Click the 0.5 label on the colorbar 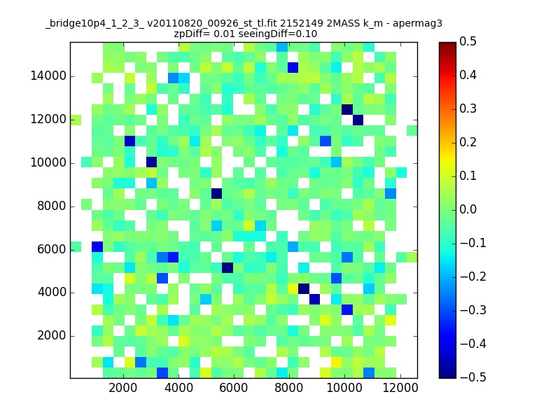(x=468, y=41)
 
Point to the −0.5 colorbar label (x=473, y=377)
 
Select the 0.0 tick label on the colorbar (x=468, y=209)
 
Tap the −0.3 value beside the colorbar (x=473, y=310)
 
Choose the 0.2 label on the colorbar (x=468, y=142)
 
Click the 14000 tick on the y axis (x=48, y=76)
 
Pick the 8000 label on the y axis (x=52, y=206)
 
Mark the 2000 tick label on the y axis (x=52, y=336)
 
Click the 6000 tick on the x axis (x=234, y=388)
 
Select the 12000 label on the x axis (x=400, y=388)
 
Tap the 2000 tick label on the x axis (x=123, y=388)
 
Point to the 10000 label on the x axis (x=344, y=388)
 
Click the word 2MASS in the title (x=342, y=23)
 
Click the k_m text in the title (x=373, y=24)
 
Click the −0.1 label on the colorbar (x=473, y=243)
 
